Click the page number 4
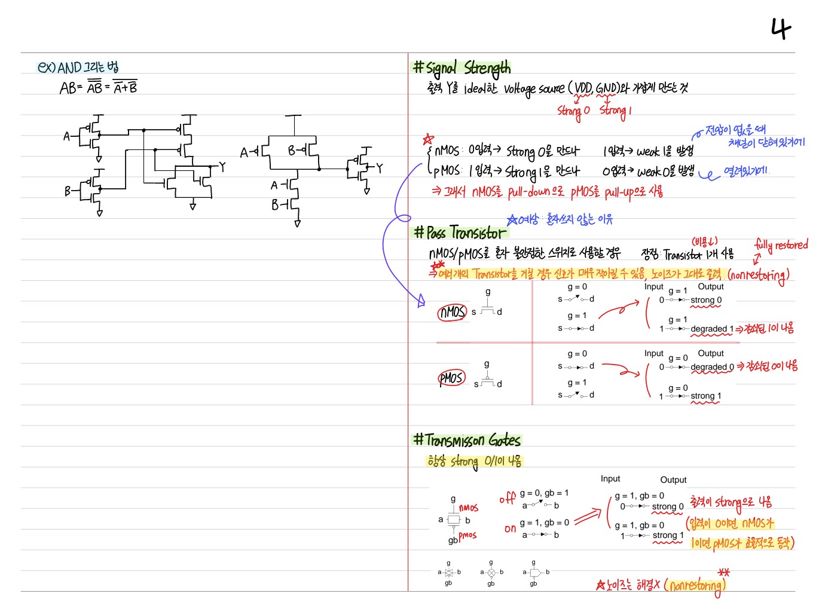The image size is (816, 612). tap(781, 28)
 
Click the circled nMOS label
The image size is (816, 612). tap(452, 312)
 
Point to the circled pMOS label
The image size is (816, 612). tap(451, 378)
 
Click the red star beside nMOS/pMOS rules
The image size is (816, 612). tap(428, 139)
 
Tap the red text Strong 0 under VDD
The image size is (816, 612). tap(573, 111)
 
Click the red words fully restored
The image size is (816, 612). tap(781, 244)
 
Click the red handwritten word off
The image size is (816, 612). tap(507, 498)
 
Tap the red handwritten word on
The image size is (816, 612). tap(510, 528)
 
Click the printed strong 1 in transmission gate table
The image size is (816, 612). tap(667, 535)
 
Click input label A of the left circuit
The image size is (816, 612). tap(67, 136)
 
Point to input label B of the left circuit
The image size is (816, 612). tap(68, 191)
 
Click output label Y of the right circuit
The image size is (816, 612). tap(379, 168)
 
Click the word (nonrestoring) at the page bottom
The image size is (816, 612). tap(695, 586)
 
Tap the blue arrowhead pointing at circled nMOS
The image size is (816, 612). tap(421, 301)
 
